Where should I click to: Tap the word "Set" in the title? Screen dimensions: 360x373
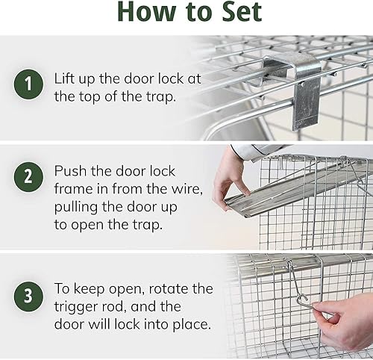tap(236, 13)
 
